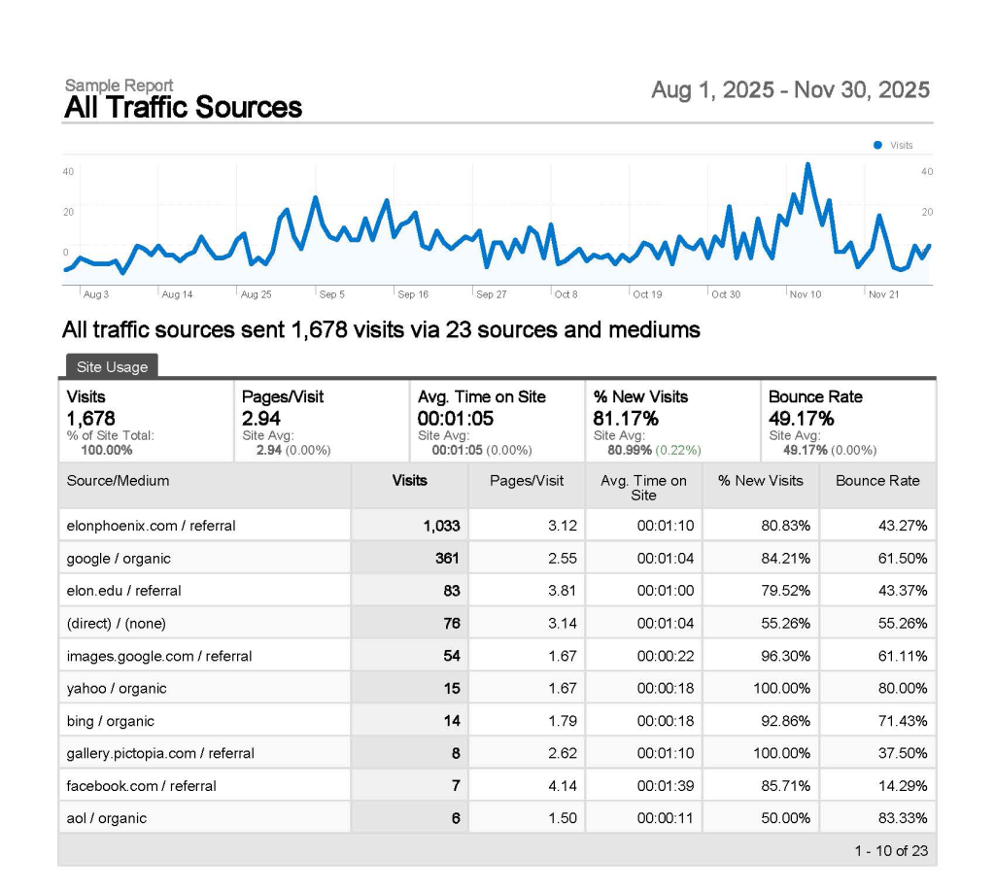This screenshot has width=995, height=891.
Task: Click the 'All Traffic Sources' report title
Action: (183, 108)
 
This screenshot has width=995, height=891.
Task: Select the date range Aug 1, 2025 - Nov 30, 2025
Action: (790, 90)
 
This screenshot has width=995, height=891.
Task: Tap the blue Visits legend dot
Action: (877, 145)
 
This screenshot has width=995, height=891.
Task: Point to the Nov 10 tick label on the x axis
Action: (806, 293)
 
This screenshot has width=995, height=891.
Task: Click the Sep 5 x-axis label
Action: (331, 293)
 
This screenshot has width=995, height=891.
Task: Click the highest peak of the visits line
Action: (807, 165)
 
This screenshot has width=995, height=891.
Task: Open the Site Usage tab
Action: (112, 367)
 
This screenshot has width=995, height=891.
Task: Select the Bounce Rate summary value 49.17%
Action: (801, 418)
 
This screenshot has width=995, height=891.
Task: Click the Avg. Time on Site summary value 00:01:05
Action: (457, 418)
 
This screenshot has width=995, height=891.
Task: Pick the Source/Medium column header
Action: (118, 480)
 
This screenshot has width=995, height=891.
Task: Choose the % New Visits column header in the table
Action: (761, 480)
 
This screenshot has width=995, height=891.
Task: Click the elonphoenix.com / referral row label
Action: (151, 526)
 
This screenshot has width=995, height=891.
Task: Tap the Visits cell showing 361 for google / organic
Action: (447, 559)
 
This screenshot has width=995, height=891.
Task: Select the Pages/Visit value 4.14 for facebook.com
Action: (562, 785)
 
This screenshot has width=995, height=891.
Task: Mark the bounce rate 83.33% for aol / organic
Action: (902, 818)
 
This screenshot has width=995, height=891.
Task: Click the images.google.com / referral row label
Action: (158, 656)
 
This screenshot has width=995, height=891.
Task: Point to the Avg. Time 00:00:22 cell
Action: (665, 656)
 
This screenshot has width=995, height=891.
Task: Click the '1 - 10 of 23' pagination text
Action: (890, 851)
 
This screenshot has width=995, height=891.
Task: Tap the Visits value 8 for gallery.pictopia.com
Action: (455, 753)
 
